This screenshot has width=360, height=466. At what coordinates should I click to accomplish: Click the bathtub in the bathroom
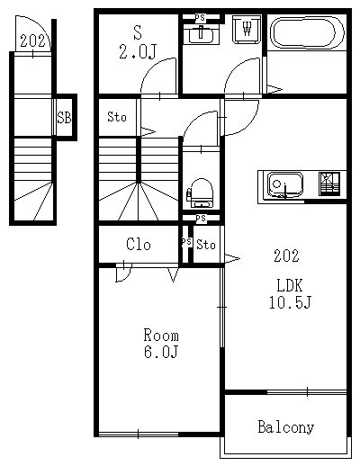(307, 32)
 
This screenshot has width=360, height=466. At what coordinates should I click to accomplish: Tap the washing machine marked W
(247, 29)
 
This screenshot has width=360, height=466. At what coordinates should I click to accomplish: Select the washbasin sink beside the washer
(201, 35)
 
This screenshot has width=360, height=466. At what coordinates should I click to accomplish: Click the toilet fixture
(201, 193)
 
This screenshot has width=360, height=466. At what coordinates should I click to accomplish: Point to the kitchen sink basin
(285, 185)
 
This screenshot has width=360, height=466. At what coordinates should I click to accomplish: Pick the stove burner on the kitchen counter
(329, 184)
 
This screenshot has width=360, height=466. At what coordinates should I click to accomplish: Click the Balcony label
(285, 426)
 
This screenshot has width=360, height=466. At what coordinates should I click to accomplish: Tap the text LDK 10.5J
(290, 293)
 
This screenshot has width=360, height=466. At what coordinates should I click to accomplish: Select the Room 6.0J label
(161, 344)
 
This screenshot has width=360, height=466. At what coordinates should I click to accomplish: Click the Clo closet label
(139, 244)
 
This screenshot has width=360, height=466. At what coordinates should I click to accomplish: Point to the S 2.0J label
(138, 42)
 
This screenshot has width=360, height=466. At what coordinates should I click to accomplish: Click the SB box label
(64, 118)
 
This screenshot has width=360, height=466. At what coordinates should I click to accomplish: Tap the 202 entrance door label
(32, 40)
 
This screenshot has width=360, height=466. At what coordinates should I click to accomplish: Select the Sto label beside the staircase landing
(117, 117)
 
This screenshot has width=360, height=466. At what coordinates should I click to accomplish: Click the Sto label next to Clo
(206, 245)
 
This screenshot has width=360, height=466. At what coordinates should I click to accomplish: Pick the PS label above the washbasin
(200, 18)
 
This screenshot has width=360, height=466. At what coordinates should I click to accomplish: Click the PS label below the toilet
(201, 219)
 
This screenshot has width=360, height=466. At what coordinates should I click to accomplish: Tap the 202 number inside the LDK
(286, 255)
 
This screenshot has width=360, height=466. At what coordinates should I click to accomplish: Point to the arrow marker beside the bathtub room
(274, 89)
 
